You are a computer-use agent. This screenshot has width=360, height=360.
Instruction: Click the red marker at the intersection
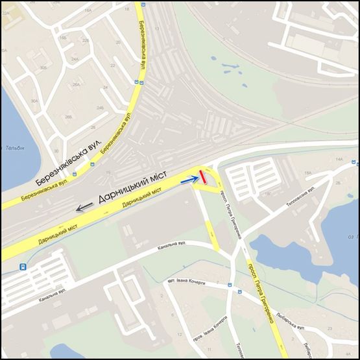click(x=203, y=177)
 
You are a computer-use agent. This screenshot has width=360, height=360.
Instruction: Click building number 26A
click(x=77, y=85)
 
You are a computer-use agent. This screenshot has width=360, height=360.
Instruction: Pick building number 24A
click(x=75, y=59)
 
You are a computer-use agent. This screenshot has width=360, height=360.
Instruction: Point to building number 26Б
click(x=69, y=117)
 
